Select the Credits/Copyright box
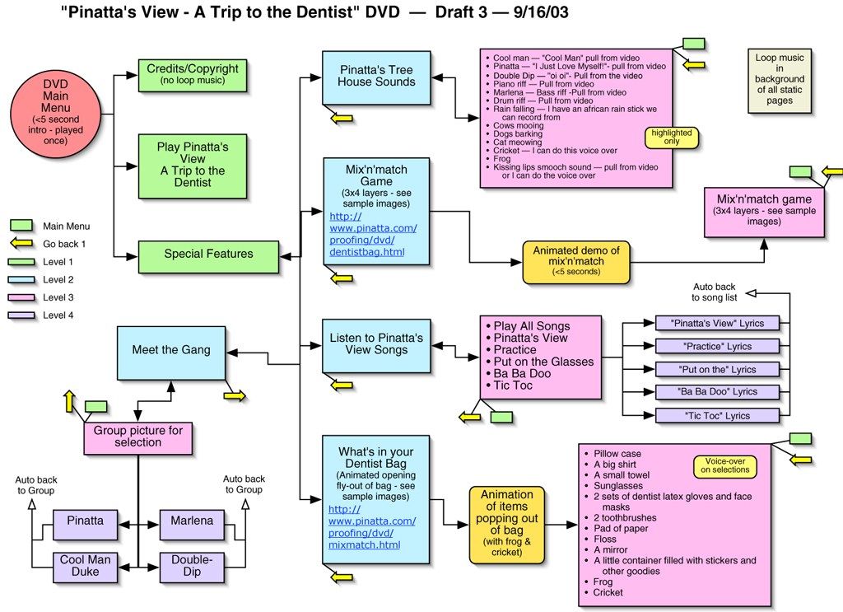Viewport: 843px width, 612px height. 193,74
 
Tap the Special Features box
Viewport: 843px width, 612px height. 208,254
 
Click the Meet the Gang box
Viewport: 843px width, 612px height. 171,350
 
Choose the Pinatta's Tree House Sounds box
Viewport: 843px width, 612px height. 376,77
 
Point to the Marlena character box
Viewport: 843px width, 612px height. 192,521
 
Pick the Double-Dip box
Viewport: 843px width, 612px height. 192,566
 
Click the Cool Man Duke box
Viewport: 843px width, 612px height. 85,566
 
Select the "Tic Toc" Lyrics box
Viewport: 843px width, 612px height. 715,416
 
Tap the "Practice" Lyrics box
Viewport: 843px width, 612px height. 715,347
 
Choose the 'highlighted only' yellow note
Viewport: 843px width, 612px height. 672,137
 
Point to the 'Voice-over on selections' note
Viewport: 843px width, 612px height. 724,465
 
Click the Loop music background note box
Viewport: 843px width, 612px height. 780,79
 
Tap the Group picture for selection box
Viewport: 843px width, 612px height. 138,437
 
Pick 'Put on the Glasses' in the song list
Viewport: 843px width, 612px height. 543,362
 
